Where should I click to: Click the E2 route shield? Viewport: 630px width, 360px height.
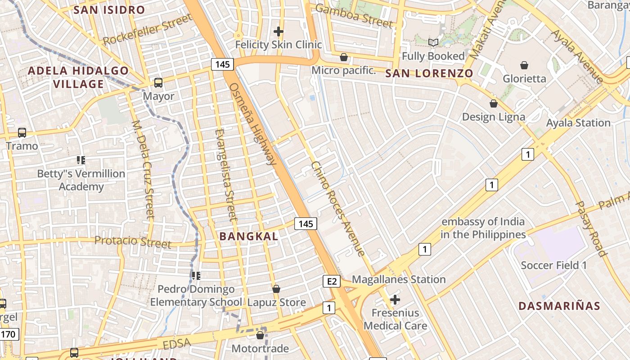click(331, 282)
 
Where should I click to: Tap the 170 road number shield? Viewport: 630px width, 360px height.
click(9, 334)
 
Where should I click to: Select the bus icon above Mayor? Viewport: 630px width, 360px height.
click(158, 83)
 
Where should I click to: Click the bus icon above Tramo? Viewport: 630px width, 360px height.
click(22, 133)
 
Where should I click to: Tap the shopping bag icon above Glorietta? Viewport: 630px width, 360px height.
click(524, 65)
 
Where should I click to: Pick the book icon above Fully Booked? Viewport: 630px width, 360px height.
click(433, 43)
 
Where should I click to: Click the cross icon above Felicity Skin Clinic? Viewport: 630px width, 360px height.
click(279, 31)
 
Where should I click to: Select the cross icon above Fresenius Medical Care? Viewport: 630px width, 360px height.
click(395, 299)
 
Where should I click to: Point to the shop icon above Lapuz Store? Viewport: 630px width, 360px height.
click(276, 289)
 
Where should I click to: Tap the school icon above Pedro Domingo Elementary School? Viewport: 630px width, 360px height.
click(196, 275)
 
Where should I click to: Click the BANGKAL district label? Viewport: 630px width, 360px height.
click(248, 236)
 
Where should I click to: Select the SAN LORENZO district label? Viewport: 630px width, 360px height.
click(429, 74)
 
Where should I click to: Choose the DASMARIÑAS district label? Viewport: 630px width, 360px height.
click(559, 306)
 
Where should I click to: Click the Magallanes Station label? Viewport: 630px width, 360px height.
click(399, 279)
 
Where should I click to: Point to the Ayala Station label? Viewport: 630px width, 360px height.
click(578, 123)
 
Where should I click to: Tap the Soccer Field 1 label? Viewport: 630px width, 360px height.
click(553, 265)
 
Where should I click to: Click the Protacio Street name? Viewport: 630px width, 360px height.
click(133, 242)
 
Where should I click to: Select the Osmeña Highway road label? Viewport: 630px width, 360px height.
click(252, 124)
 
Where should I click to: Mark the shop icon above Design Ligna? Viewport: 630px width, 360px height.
click(494, 104)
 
